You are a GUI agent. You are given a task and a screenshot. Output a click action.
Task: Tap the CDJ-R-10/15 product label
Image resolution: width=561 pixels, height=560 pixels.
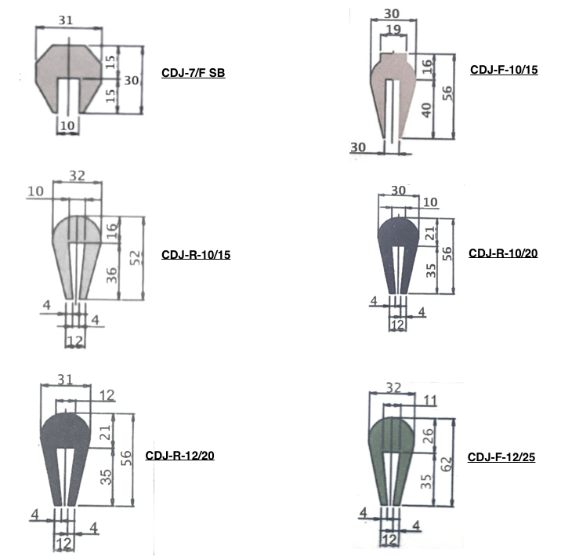click(x=195, y=255)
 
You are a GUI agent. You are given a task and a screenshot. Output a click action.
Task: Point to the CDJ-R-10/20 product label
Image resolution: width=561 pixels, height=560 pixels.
click(x=502, y=253)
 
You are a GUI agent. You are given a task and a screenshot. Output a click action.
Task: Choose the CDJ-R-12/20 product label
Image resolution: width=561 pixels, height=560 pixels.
click(x=179, y=456)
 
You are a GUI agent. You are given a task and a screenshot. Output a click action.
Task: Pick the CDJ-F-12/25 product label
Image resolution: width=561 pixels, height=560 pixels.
click(x=501, y=457)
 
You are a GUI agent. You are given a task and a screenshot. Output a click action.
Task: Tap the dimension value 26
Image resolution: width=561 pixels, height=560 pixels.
click(x=426, y=435)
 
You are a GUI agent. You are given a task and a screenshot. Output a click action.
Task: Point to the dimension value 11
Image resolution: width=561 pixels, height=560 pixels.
click(x=429, y=400)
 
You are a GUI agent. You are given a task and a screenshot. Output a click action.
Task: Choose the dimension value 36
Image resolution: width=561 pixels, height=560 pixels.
click(x=112, y=274)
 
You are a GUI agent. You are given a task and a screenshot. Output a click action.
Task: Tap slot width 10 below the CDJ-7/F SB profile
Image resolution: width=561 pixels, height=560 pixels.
click(x=68, y=125)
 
